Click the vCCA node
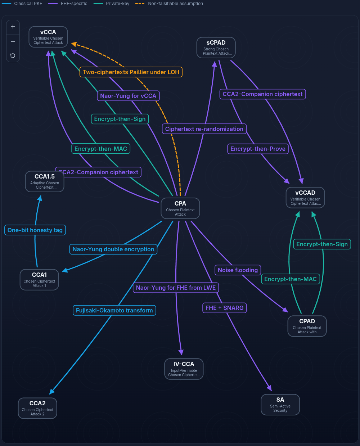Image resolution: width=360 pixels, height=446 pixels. click(x=48, y=37)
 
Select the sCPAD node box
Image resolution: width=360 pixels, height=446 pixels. click(x=216, y=48)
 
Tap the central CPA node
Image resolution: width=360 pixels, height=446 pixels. click(x=180, y=208)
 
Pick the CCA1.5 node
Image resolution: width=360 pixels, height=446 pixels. click(x=45, y=181)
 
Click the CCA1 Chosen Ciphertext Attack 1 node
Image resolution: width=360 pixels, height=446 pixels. click(x=39, y=280)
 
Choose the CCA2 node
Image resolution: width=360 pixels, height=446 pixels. click(x=37, y=408)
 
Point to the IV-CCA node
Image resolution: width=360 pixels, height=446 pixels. click(x=184, y=369)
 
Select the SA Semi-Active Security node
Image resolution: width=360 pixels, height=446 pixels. click(x=280, y=405)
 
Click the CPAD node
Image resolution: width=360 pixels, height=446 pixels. click(x=307, y=326)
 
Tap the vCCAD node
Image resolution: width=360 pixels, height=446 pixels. click(x=305, y=198)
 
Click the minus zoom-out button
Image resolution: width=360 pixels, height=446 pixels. click(x=13, y=41)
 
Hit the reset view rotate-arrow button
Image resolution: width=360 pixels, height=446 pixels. click(x=13, y=55)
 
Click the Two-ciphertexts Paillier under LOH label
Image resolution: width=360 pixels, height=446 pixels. click(x=131, y=72)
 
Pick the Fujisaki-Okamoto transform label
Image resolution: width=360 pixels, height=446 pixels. click(x=114, y=310)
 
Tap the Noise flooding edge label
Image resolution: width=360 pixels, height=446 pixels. click(x=238, y=270)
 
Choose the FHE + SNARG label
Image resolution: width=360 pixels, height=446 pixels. click(x=224, y=308)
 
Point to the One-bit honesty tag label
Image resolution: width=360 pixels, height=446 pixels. click(x=35, y=230)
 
